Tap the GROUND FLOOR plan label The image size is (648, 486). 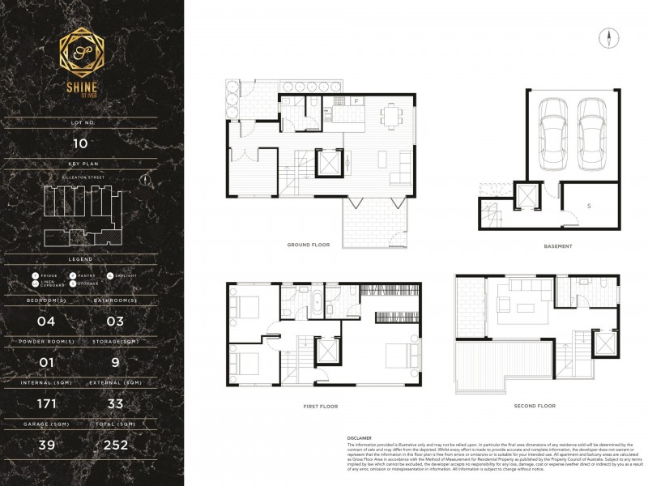(x=308, y=244)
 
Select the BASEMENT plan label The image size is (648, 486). (x=559, y=245)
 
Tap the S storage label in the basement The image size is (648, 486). (x=588, y=206)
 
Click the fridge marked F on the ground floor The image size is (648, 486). (x=356, y=101)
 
